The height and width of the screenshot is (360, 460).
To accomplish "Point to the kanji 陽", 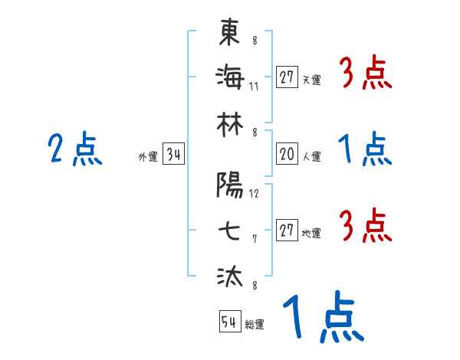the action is tap(229, 184).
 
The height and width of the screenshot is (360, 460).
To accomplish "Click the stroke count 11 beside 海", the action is tap(254, 86).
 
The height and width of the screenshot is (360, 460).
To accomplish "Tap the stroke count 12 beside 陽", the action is tap(254, 193).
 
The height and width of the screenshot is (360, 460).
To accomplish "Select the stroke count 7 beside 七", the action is tap(254, 239).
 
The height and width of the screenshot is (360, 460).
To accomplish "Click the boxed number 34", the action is tap(173, 155).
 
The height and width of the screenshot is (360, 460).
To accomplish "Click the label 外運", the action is tap(147, 157).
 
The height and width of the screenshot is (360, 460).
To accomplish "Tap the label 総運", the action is tap(255, 325).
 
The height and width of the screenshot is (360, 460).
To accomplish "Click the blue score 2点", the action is tap(75, 149).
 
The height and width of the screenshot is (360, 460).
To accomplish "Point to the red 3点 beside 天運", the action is tap(365, 74).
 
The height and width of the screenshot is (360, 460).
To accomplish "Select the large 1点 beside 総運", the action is tap(322, 317).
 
